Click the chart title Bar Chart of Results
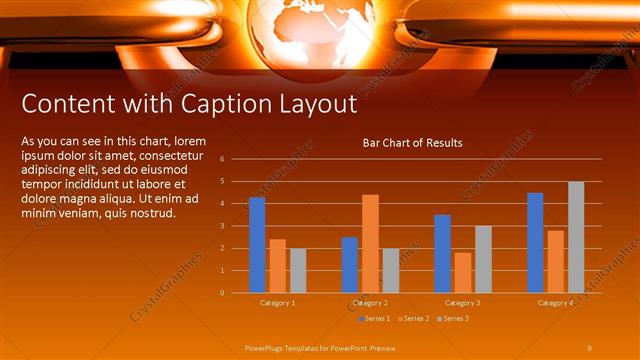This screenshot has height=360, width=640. (x=412, y=143)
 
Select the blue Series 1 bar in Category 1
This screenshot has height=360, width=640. (x=257, y=245)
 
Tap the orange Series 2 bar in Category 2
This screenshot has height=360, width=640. (x=370, y=243)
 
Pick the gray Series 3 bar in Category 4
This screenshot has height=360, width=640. (x=576, y=237)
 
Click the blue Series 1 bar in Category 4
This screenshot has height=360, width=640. (x=535, y=242)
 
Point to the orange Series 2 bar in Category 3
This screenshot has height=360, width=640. (x=462, y=272)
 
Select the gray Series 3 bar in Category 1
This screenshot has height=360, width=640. (x=298, y=270)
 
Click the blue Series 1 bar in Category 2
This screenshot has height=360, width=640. (x=349, y=265)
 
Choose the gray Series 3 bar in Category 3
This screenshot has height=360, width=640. (x=483, y=259)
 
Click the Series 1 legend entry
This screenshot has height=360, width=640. (x=373, y=318)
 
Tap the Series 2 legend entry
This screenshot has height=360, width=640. (x=413, y=318)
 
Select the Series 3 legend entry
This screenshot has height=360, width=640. (x=452, y=318)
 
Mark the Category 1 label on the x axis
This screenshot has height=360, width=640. (x=277, y=302)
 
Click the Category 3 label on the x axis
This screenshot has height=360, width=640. (x=462, y=302)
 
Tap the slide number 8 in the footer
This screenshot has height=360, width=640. (x=590, y=346)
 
